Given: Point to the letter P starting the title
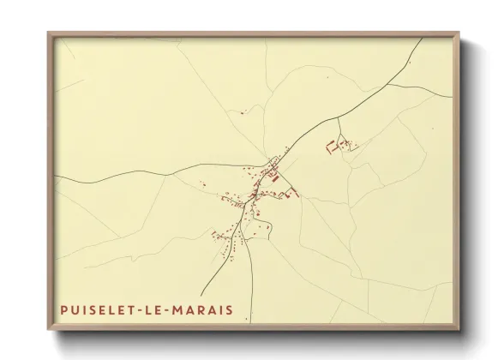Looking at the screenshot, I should pos(64,309).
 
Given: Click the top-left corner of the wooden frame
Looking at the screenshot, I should pos(49,33).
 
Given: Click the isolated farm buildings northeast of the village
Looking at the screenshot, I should pos(339,147).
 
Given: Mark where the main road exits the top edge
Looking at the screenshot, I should pos(422,39).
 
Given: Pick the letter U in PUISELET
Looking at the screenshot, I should pos(77,309).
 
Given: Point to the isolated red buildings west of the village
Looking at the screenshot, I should pos(204,183).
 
